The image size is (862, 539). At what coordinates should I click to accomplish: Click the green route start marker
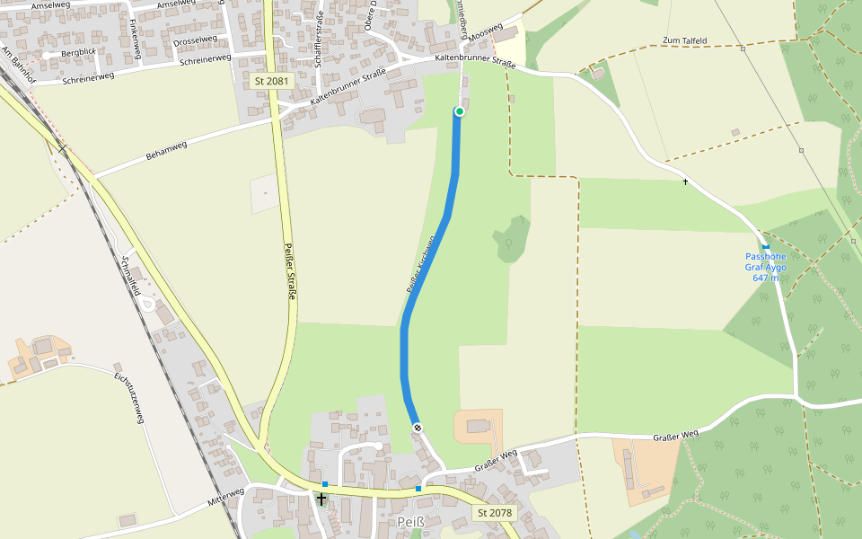pos(459,111)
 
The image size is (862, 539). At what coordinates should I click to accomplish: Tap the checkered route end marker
pos(418,428)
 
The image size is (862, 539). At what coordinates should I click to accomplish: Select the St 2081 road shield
pos(271,81)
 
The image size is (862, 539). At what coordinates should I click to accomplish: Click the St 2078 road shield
pos(495,513)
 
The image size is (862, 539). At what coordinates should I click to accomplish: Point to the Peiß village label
pos(409,522)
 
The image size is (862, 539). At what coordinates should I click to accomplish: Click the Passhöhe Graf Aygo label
pos(766,267)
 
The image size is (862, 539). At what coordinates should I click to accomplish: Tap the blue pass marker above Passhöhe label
pos(766,246)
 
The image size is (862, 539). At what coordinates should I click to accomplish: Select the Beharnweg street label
pos(166,151)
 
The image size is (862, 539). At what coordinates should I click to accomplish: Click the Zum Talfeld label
pos(684,40)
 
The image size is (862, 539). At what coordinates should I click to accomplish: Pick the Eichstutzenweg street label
pos(129,397)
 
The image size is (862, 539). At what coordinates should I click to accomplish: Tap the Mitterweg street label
pos(225,496)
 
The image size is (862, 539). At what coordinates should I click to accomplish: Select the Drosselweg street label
pos(195,40)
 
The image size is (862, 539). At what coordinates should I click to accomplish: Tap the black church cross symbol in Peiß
pos(321,498)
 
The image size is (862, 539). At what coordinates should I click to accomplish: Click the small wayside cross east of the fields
pos(685,182)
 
